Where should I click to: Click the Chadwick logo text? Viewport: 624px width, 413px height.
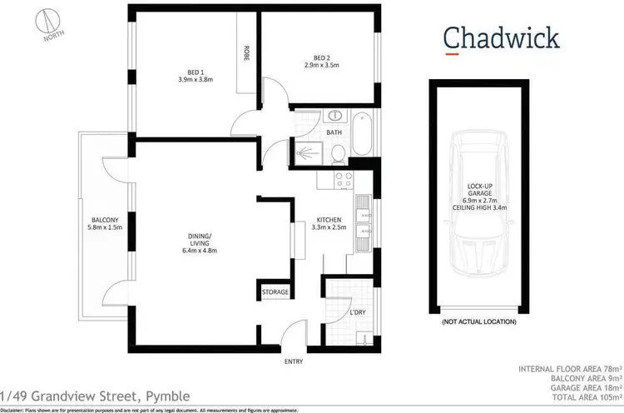pos(489,38)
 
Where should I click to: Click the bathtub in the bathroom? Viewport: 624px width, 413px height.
pos(363,136)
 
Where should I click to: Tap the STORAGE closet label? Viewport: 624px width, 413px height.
pos(275,292)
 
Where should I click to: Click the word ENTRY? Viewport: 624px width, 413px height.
pos(293,361)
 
